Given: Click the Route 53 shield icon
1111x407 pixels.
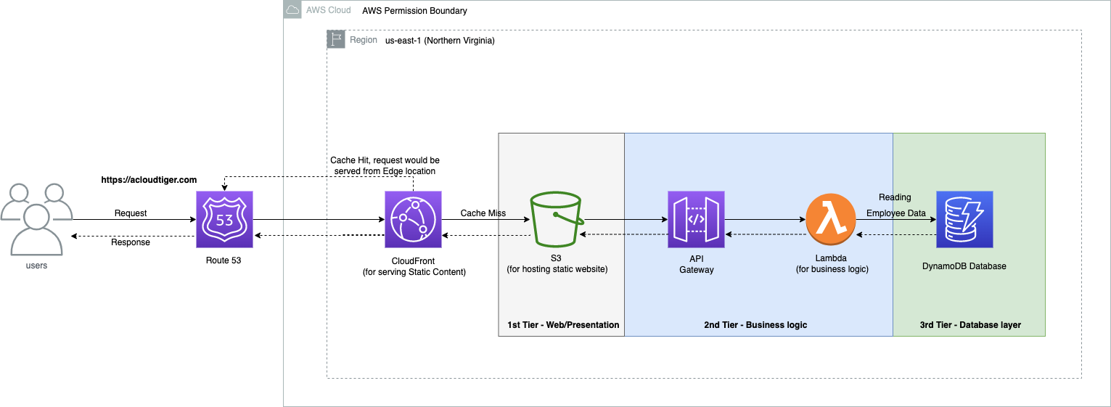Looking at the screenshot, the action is coord(224,219).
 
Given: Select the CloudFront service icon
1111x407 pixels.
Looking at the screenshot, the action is coord(413,219).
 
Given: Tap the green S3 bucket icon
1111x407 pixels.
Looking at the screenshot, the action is coord(557,219).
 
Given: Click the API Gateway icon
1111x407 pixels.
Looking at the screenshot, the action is coord(696,219).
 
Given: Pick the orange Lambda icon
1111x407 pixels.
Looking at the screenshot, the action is coord(831,219).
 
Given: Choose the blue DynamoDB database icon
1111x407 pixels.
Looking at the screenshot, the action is coord(964,219).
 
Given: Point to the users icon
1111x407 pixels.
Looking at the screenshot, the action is coord(37,219).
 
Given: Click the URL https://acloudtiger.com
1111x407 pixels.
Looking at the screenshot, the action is coord(149,180).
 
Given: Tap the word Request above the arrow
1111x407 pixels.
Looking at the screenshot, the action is coord(131,213).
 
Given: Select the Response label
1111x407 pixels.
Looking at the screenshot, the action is coord(131,242).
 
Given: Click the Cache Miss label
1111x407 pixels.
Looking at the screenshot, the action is coord(483,213).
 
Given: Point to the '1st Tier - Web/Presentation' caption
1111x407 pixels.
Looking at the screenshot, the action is coord(563,325).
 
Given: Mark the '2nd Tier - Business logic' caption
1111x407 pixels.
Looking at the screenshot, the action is coord(755,325).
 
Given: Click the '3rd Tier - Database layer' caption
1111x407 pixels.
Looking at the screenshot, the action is coord(970,325).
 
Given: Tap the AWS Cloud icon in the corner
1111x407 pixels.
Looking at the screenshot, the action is coord(292,9).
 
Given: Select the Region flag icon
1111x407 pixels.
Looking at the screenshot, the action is coord(336,39).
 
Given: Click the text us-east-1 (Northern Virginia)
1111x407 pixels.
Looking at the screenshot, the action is coord(440,41).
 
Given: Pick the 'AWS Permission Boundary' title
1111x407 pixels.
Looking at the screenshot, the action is coord(414,11).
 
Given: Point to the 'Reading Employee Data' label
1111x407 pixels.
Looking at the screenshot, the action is coord(895,205).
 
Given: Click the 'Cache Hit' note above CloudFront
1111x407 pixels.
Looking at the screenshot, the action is coord(385,165).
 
